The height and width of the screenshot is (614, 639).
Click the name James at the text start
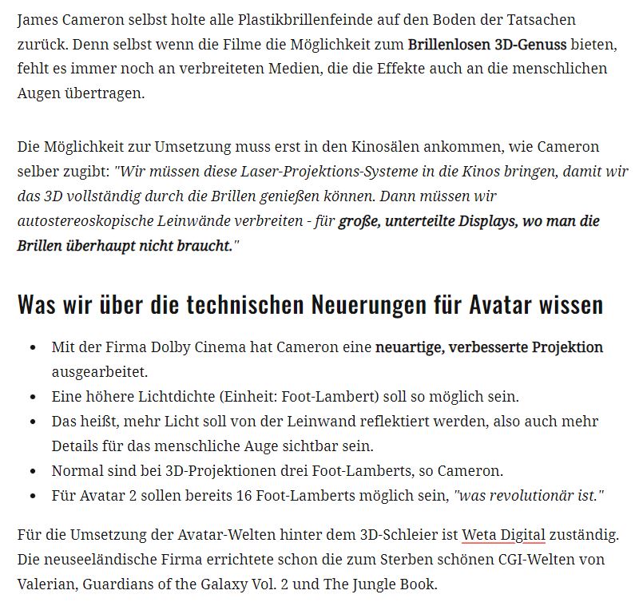[37, 18]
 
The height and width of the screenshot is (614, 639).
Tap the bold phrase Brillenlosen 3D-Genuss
[486, 43]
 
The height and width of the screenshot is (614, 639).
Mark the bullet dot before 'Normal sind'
[32, 471]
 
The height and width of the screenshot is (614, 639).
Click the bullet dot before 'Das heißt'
[32, 422]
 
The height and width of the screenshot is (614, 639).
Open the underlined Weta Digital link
[503, 534]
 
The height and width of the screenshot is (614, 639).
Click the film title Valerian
[48, 584]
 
